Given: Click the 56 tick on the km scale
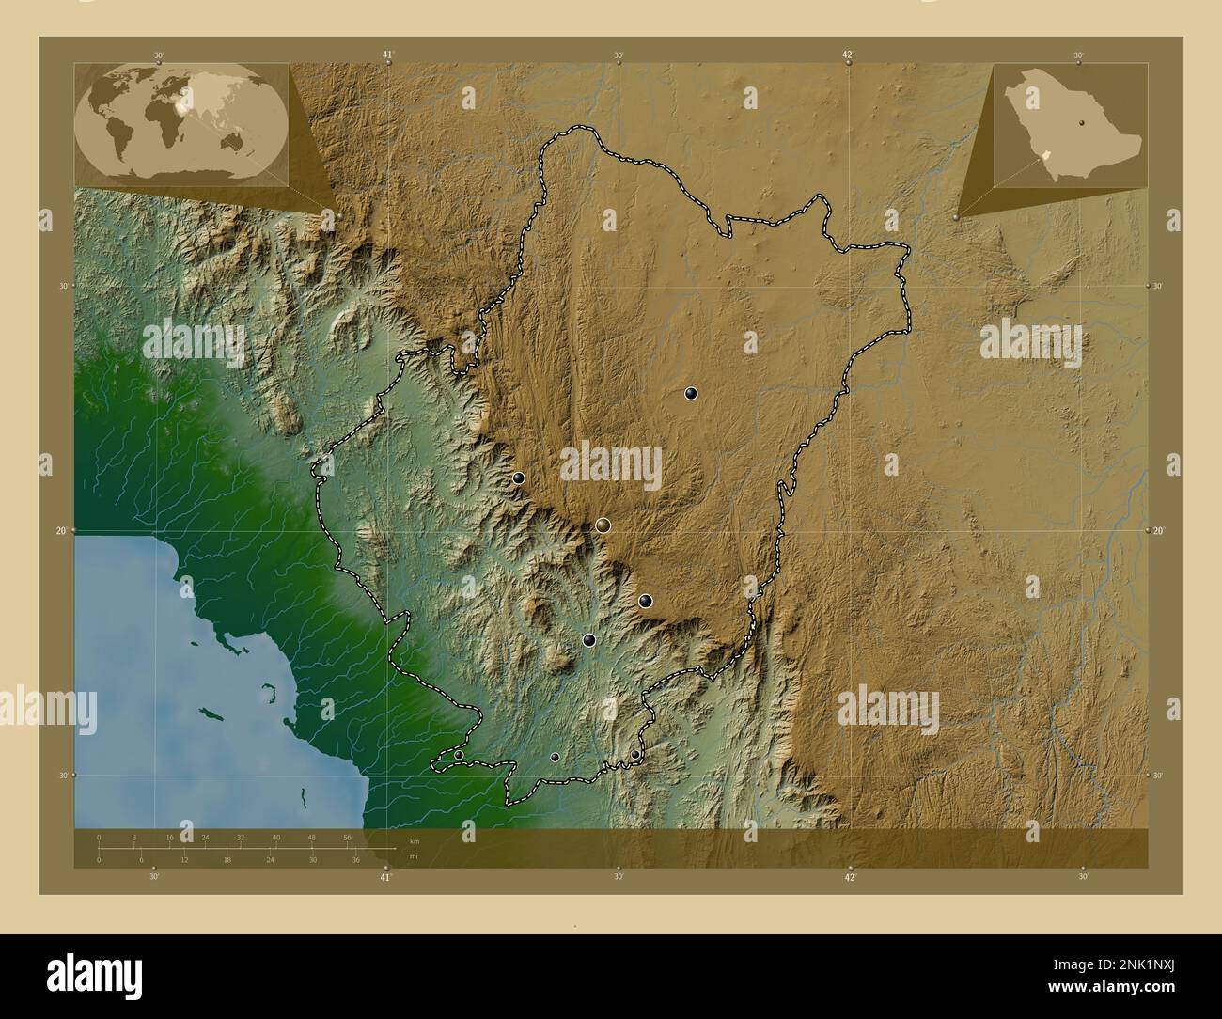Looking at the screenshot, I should tap(347, 837).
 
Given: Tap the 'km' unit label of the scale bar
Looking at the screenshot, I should tap(414, 840).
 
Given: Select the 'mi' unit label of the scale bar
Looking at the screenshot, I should tap(413, 856).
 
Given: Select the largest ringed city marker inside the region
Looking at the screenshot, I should tap(603, 525).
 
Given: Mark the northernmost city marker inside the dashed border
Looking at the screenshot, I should tap(691, 394).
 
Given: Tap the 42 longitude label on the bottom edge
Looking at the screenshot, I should tap(849, 878).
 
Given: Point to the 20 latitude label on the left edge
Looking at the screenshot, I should tap(60, 531).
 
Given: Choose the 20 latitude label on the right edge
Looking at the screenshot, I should tap(1159, 531).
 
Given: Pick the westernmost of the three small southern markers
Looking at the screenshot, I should tap(459, 755).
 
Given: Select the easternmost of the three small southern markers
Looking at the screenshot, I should tap(635, 754).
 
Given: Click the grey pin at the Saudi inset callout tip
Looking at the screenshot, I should tap(957, 217).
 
